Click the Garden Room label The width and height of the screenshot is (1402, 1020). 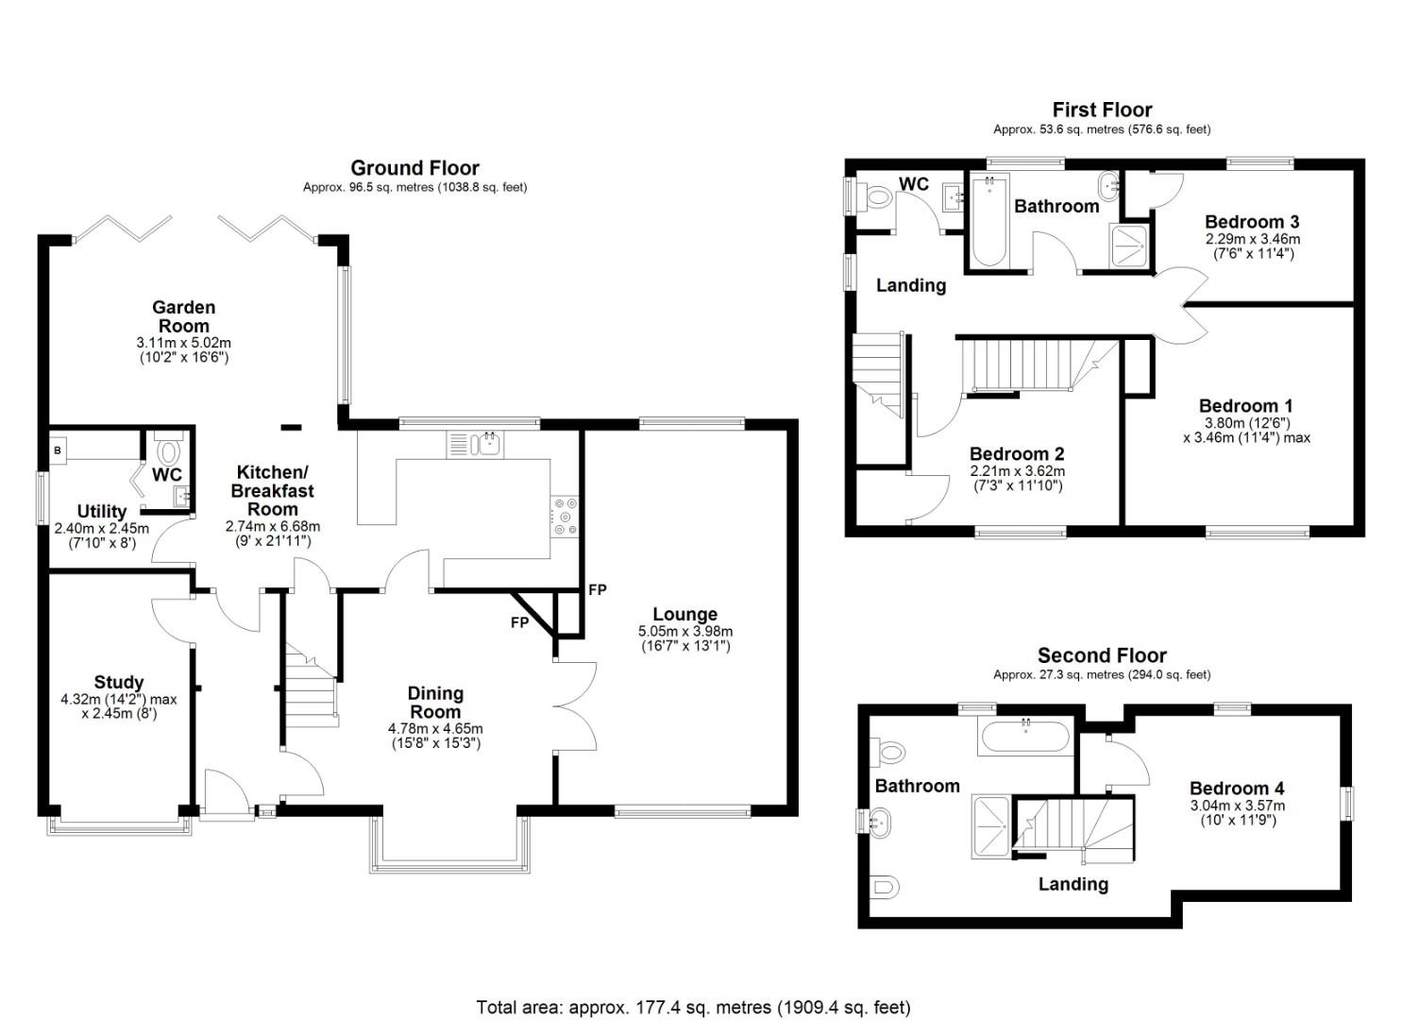(x=183, y=316)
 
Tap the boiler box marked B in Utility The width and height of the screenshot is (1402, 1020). (x=58, y=450)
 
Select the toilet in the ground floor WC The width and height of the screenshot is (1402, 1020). (x=170, y=448)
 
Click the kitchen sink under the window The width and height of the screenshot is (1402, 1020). (x=489, y=442)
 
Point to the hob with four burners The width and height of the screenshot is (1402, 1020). (x=565, y=517)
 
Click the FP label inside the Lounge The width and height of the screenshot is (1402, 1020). (x=597, y=590)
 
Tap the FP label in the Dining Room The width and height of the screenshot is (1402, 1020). (x=519, y=623)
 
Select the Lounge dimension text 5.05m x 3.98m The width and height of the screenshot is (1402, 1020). (x=685, y=632)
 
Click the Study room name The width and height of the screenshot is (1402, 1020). (x=119, y=682)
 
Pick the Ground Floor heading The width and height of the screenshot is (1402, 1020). (x=414, y=168)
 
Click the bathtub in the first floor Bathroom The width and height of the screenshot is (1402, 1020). (x=988, y=221)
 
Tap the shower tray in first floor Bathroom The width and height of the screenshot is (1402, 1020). (x=1130, y=246)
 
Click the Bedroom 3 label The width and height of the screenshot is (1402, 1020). (x=1252, y=222)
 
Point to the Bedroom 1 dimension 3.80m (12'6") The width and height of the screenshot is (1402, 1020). (x=1246, y=423)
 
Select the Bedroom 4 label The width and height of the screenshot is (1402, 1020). (x=1237, y=789)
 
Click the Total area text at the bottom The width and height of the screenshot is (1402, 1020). (x=693, y=1007)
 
